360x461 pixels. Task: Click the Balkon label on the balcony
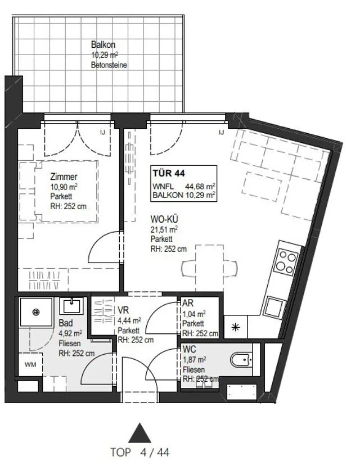point(103,45)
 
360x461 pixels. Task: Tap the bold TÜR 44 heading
point(169,173)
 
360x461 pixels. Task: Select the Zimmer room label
point(64,177)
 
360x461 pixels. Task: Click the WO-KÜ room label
point(164,219)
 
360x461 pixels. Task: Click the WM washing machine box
point(30,365)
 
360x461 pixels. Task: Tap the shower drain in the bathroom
point(36,312)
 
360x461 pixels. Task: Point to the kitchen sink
point(274,306)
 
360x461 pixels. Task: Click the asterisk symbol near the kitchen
point(236,327)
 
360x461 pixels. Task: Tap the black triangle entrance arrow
point(140,433)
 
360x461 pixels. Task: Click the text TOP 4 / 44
point(140,452)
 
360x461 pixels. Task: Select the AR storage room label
point(188,303)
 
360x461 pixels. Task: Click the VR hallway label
point(123,310)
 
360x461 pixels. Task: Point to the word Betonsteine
point(109,65)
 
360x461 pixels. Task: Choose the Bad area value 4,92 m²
point(70,333)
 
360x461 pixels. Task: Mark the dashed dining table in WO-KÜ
point(209,268)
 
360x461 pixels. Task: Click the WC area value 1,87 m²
point(195,360)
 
